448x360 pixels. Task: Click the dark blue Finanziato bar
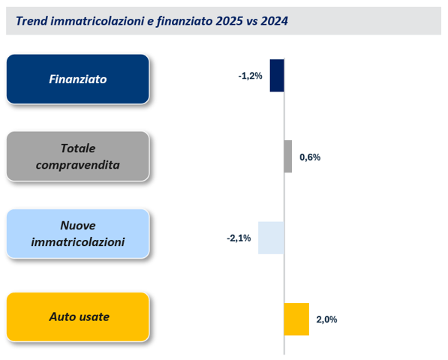tap(277, 76)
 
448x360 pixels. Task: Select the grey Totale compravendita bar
tap(288, 157)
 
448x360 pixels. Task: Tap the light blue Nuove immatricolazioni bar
tap(271, 238)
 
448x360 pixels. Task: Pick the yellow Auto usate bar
tap(296, 319)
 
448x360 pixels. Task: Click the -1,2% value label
tap(250, 76)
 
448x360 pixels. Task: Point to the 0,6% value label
tap(310, 157)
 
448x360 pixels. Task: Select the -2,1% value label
tap(239, 238)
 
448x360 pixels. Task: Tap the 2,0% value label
tap(326, 319)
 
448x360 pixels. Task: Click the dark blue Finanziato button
tap(78, 79)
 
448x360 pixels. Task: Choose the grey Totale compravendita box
tap(78, 156)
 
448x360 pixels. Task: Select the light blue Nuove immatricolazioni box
tap(78, 233)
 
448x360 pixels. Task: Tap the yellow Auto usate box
tap(78, 316)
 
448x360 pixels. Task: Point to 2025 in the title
tap(224, 22)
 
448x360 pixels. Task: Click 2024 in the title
tap(272, 22)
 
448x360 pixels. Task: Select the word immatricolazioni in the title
tap(94, 22)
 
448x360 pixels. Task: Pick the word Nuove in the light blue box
tap(78, 225)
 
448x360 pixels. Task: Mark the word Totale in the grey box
tap(78, 148)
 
